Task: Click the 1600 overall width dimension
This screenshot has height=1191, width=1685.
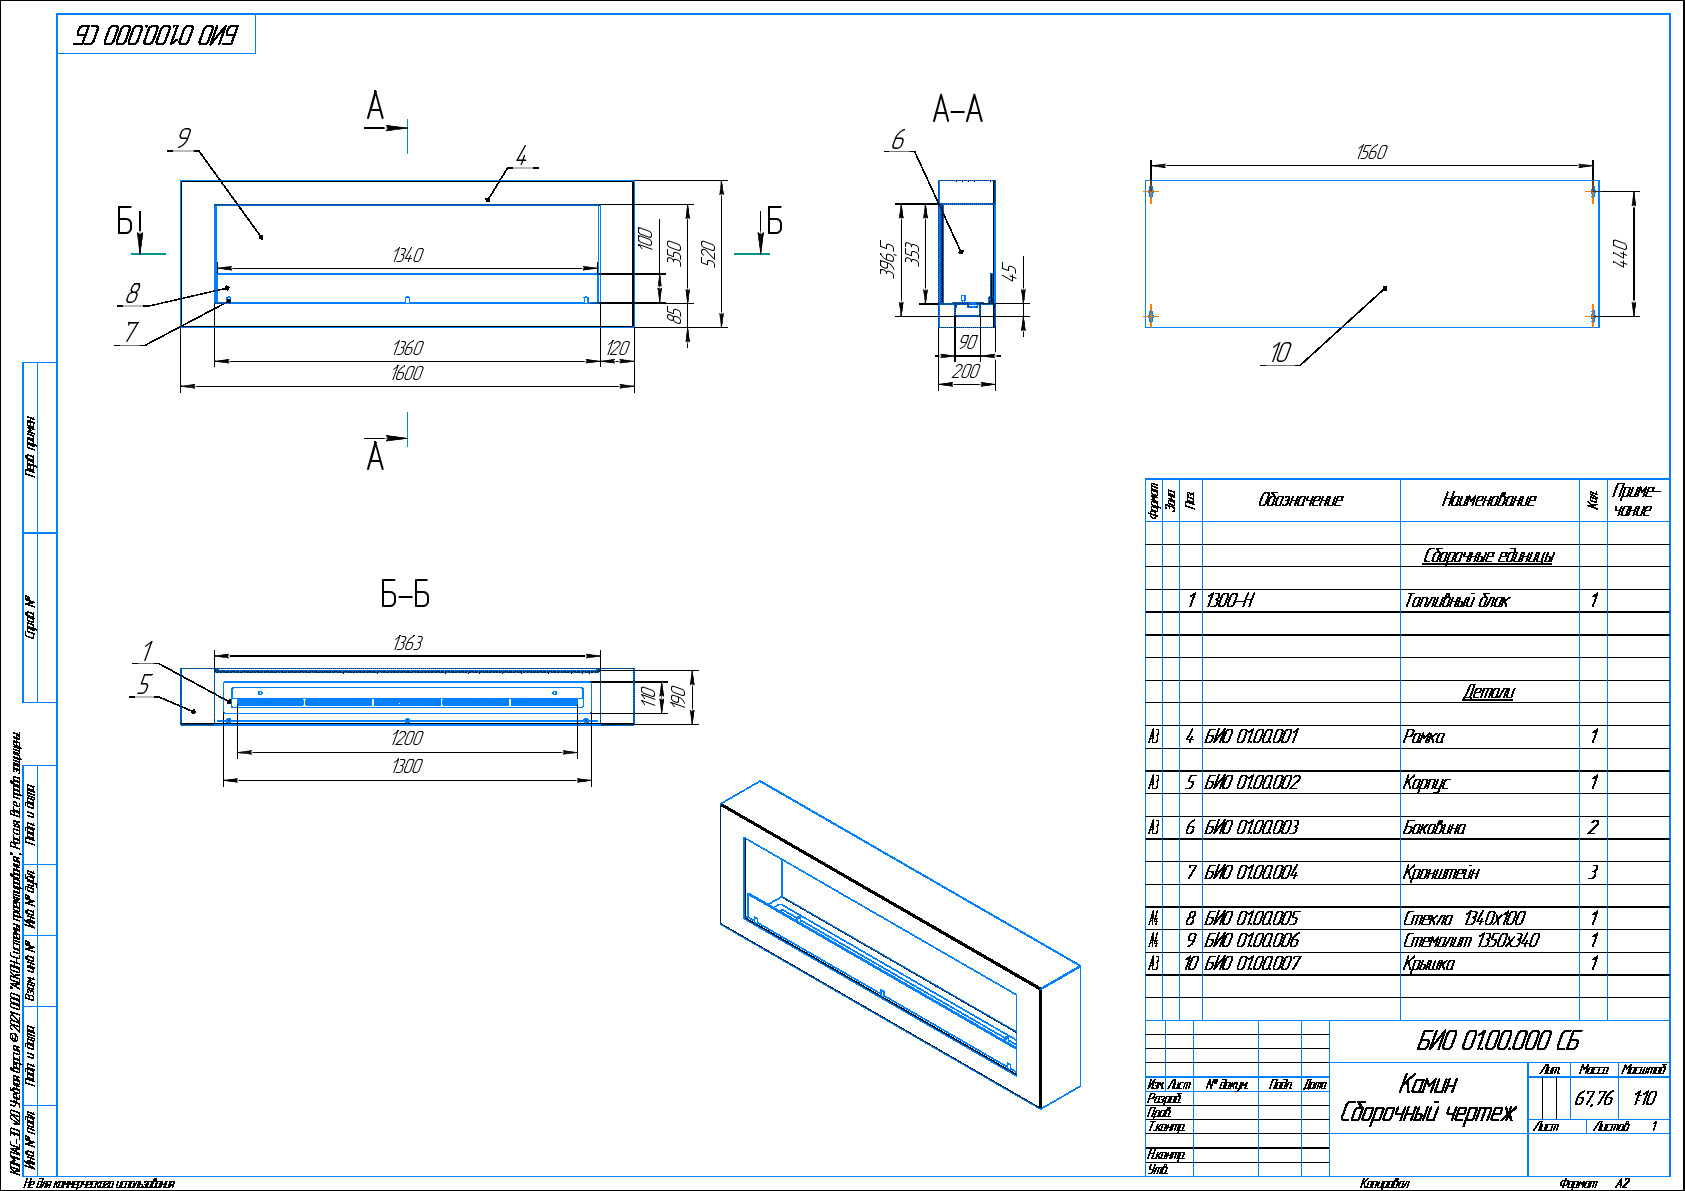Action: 407,373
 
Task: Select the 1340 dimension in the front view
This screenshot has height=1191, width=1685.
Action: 407,256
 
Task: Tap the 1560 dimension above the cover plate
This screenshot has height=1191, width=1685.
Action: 1371,152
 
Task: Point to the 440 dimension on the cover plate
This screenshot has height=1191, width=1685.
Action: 1621,253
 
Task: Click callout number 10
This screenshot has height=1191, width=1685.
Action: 1281,352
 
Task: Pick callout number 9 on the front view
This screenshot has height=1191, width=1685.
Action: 183,138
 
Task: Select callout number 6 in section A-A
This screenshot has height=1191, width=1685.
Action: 897,140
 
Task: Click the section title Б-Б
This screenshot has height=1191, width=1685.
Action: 405,595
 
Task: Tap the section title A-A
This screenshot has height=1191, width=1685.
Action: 957,109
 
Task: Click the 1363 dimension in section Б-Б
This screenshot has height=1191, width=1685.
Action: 407,643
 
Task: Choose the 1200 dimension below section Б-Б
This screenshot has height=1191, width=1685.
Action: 407,738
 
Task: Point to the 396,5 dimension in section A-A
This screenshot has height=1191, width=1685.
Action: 887,259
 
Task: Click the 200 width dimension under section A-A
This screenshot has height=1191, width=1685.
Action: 966,371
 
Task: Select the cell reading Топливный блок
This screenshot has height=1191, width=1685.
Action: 1457,601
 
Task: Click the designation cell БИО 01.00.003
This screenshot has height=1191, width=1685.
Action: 1252,828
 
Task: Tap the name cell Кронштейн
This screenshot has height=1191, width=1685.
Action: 1441,873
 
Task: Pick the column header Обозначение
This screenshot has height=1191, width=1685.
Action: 1300,500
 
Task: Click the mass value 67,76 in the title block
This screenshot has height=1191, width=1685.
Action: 1593,1098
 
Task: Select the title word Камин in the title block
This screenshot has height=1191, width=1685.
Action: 1428,1083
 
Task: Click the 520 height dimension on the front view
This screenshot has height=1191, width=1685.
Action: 709,253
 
